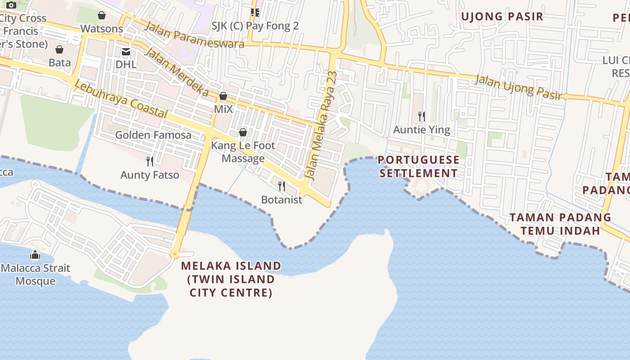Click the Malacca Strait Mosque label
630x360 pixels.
click(x=36, y=274)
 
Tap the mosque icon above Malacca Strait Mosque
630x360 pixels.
click(x=35, y=255)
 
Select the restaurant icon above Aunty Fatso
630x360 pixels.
click(x=150, y=161)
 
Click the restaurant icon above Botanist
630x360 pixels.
click(x=282, y=186)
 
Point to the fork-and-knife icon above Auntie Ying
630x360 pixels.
click(x=422, y=117)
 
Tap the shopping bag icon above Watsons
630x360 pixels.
click(x=102, y=15)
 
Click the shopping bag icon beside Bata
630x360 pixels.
click(x=59, y=49)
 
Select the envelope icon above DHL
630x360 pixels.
click(x=126, y=52)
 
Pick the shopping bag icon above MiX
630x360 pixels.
click(x=223, y=96)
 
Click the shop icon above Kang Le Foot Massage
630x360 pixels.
click(x=243, y=132)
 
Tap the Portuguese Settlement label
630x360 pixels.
click(x=418, y=166)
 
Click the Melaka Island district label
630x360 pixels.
click(x=231, y=279)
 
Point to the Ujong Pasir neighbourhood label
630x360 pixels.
click(x=502, y=17)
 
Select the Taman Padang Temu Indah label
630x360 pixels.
click(x=560, y=224)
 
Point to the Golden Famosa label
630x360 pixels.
click(x=153, y=135)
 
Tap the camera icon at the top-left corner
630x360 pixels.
click(x=11, y=5)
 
